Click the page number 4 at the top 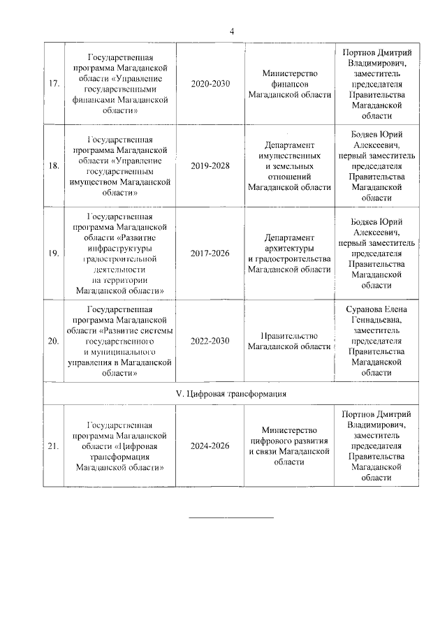(232, 31)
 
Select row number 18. (53, 166)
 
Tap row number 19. (53, 253)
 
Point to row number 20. (53, 341)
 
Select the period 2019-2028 (210, 166)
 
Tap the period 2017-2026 (210, 253)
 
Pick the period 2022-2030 (210, 341)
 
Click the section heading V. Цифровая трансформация (231, 394)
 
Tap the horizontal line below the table (231, 517)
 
